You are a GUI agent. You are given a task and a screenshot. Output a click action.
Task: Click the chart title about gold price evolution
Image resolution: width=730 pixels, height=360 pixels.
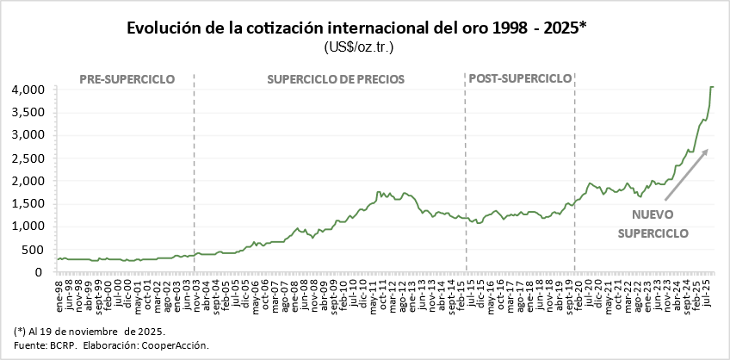tap(357, 28)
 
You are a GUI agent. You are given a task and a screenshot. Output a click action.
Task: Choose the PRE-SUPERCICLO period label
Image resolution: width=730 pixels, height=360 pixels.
tap(127, 79)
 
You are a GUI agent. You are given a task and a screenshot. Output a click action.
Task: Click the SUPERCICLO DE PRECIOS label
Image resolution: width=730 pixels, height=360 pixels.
tap(336, 79)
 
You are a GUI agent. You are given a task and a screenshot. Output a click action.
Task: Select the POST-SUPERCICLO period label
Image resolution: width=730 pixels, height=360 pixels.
tap(519, 78)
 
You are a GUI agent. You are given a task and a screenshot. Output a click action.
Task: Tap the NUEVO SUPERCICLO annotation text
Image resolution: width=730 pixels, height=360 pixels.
tap(653, 223)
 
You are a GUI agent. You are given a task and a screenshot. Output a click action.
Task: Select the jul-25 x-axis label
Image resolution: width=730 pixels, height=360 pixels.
tap(708, 289)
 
